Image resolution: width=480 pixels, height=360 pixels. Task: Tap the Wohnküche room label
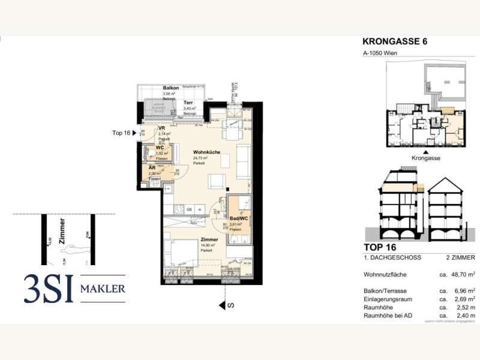[206, 152]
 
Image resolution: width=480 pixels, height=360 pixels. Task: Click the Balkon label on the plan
[171, 88]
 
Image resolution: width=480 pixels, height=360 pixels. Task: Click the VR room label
[161, 128]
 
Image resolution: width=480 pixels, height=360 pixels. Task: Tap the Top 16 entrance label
[122, 133]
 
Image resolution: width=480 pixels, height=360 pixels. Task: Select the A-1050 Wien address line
[380, 53]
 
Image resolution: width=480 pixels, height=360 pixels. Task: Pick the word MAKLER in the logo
[103, 290]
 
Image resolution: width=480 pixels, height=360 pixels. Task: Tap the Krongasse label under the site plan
[426, 157]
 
